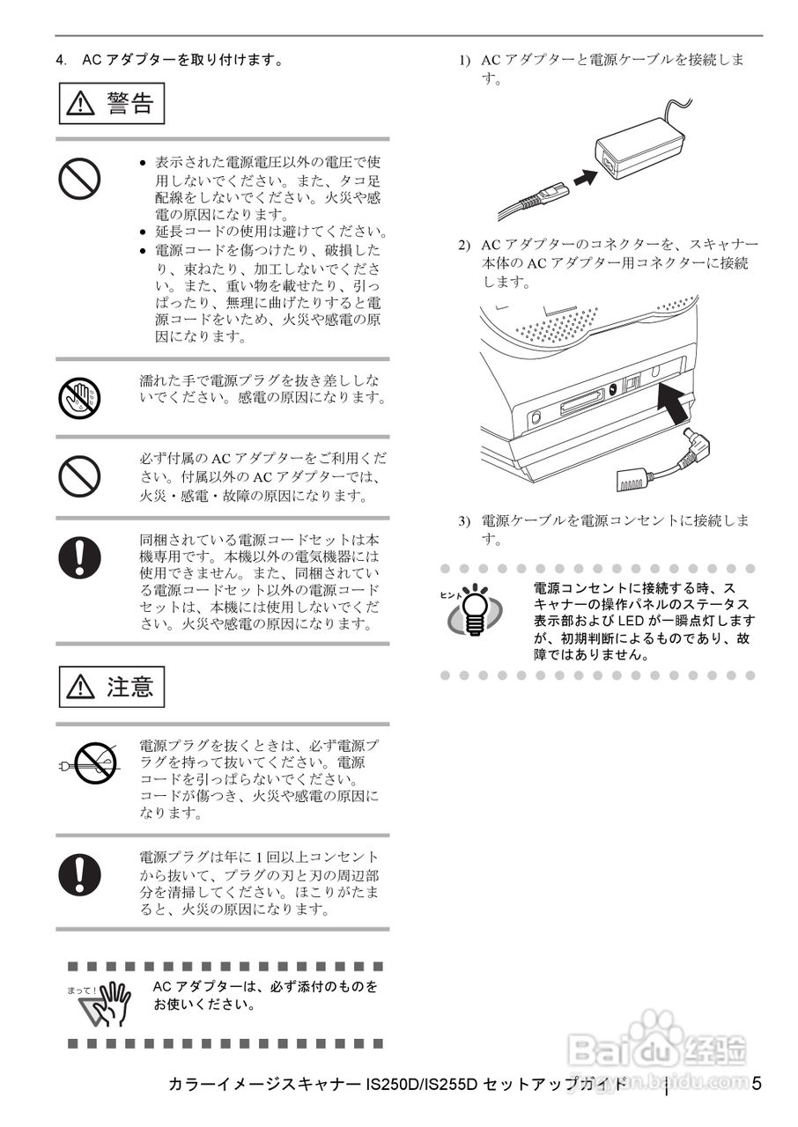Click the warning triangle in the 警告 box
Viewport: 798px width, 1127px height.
pyautogui.click(x=82, y=104)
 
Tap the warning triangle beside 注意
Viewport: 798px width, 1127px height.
pyautogui.click(x=82, y=687)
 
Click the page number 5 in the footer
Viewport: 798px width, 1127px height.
pyautogui.click(x=757, y=1083)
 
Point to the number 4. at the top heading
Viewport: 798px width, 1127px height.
pyautogui.click(x=61, y=61)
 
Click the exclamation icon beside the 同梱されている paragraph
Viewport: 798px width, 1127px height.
pyautogui.click(x=79, y=555)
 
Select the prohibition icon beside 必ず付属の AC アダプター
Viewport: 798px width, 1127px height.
pyautogui.click(x=79, y=476)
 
